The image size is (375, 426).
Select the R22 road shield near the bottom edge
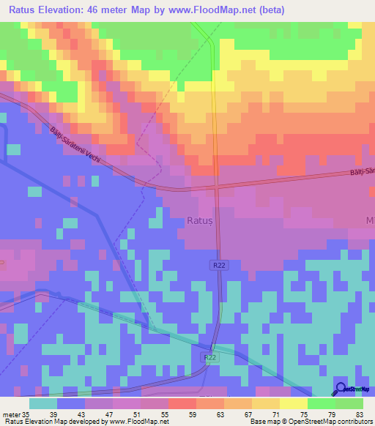(209, 357)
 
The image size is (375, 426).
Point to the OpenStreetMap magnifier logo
(341, 389)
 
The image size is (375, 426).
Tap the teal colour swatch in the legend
(43, 404)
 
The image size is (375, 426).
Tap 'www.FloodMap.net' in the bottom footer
(138, 422)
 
